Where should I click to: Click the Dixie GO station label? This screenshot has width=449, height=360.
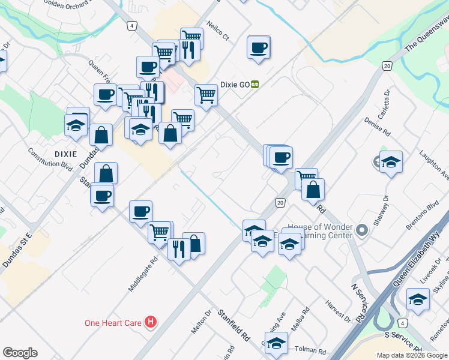tap(235, 85)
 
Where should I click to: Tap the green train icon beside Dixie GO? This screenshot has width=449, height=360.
tap(255, 85)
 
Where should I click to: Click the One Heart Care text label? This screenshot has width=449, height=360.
tap(113, 323)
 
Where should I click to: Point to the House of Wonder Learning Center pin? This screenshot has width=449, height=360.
tap(361, 230)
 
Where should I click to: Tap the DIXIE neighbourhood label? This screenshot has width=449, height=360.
tap(65, 154)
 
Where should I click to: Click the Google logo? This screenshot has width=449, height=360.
tap(20, 353)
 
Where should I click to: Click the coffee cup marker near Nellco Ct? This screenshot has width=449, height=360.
tap(259, 47)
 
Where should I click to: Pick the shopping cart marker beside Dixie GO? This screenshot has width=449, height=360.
tap(206, 94)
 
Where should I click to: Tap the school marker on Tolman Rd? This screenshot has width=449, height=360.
tap(276, 343)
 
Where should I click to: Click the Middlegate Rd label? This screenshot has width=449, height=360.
tap(142, 275)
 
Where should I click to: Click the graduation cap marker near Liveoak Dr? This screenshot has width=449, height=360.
tap(418, 299)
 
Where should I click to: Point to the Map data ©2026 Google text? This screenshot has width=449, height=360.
tap(412, 355)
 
